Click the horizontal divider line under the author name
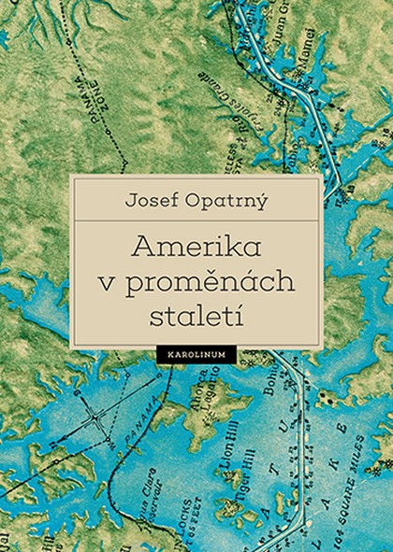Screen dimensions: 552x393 (x=196, y=219)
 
